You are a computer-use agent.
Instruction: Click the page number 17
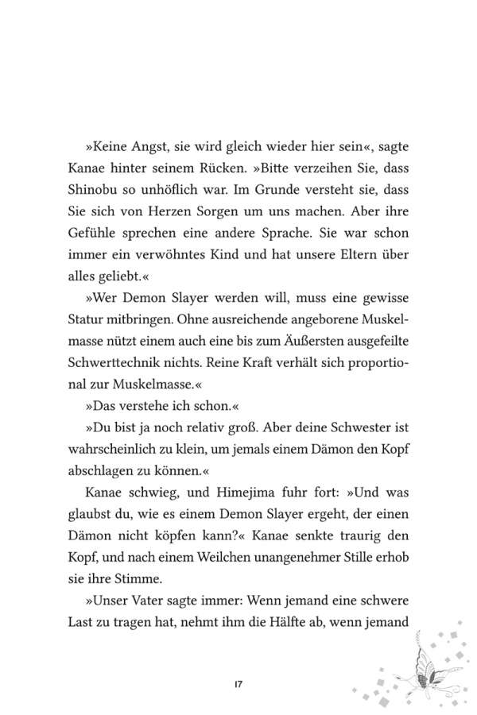(238, 684)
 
